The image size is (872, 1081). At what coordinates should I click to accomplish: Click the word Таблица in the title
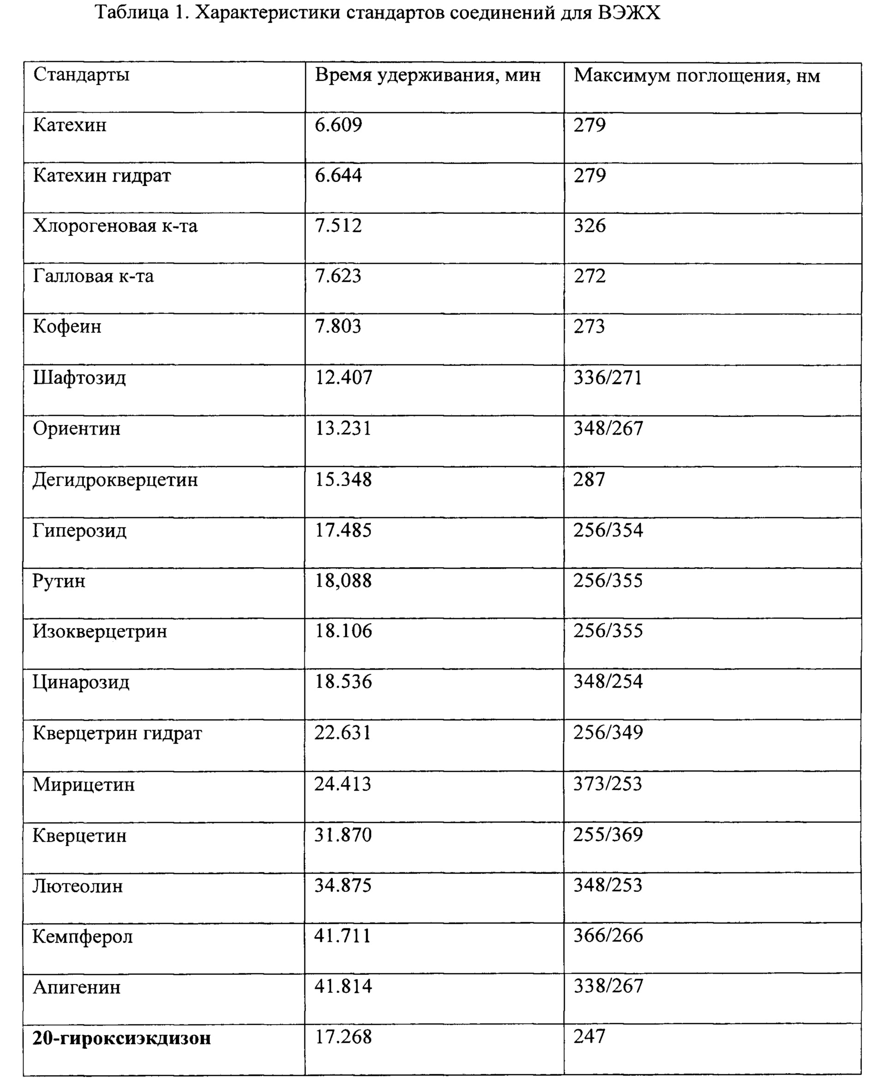point(131,12)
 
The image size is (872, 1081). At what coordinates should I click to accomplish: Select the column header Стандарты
point(81,75)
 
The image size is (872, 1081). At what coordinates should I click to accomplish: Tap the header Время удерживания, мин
point(427,75)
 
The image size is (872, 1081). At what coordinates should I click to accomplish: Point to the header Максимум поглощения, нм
point(697,76)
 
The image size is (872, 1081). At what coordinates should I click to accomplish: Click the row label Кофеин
point(67,326)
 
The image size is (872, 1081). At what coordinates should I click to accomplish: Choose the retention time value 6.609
point(338,125)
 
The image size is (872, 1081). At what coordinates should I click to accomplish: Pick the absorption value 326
point(589,226)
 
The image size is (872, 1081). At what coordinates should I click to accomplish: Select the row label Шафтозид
point(79,377)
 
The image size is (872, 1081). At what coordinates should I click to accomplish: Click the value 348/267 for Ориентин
point(608,428)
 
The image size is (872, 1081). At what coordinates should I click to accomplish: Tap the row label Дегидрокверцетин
point(115,480)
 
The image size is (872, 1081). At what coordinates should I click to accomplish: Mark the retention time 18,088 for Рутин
point(343,581)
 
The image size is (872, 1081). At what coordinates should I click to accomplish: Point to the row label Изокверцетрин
point(99,631)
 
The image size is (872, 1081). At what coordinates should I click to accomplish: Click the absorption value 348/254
point(608,682)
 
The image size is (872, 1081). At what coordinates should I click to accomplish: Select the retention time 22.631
point(343,733)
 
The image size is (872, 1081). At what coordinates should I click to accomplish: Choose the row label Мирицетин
point(84,784)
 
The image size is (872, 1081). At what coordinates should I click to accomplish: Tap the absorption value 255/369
point(608,835)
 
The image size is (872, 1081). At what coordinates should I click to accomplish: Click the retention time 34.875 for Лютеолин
point(343,886)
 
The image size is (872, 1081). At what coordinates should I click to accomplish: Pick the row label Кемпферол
point(82,937)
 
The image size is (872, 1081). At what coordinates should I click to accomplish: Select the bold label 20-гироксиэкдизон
point(121,1038)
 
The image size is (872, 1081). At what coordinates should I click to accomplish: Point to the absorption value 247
point(589,1036)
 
